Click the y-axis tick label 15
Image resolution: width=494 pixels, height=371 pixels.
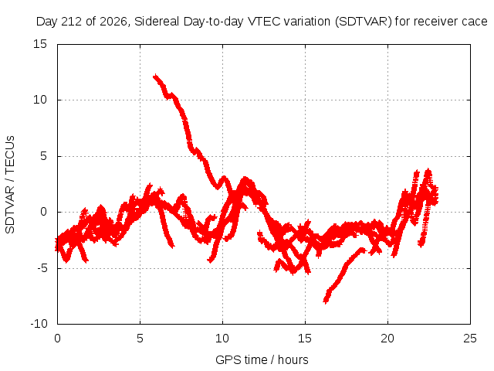click(40, 44)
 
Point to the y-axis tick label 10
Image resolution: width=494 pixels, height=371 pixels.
click(40, 100)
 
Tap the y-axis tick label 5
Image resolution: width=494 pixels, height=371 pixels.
click(43, 156)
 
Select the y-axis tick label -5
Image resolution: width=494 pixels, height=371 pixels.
click(42, 268)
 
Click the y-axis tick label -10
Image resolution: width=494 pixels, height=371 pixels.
click(39, 324)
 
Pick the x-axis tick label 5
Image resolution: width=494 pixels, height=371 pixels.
click(140, 339)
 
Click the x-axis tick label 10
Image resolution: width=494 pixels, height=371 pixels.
click(222, 339)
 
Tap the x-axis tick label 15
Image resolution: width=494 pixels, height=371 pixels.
click(305, 339)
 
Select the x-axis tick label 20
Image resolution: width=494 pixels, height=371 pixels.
click(387, 339)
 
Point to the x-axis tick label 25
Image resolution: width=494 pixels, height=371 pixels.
click(470, 339)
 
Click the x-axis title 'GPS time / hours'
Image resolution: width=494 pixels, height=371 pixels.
click(262, 360)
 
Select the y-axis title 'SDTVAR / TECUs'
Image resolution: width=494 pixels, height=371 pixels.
click(10, 185)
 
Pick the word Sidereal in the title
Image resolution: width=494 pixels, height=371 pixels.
click(157, 22)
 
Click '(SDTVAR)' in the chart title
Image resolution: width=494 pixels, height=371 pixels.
click(364, 22)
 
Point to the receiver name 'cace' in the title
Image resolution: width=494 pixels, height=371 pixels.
click(475, 22)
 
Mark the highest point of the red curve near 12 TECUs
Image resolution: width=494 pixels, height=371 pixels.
click(155, 76)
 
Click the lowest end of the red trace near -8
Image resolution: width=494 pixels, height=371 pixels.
click(326, 301)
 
